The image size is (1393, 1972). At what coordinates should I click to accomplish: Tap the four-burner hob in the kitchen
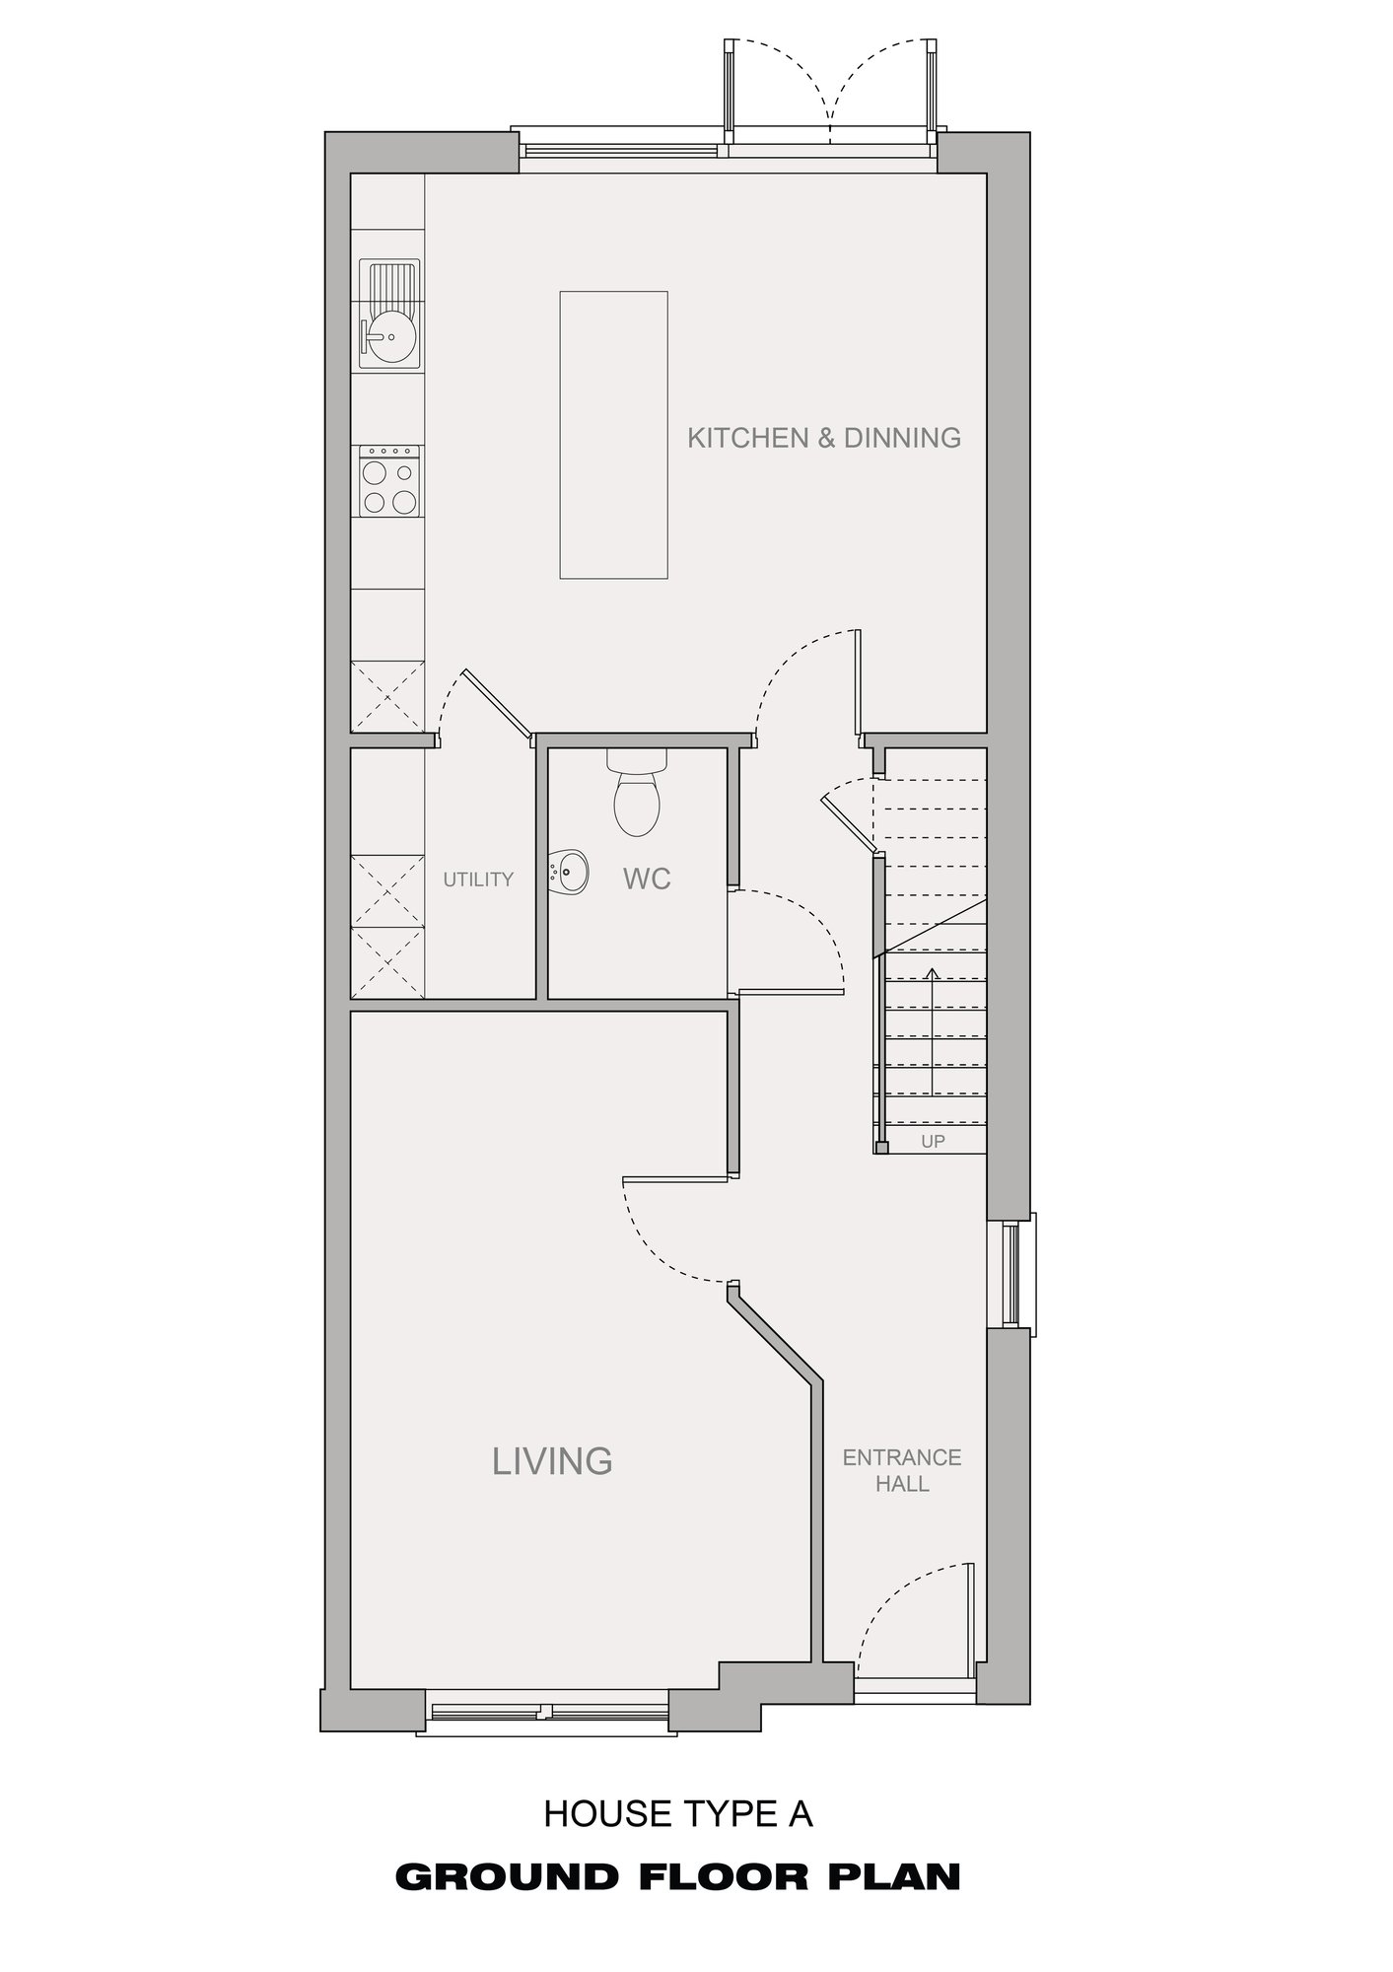click(389, 481)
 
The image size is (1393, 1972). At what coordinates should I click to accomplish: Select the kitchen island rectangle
click(613, 434)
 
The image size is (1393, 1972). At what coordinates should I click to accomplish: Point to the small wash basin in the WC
click(568, 870)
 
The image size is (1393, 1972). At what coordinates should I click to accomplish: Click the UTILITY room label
click(478, 879)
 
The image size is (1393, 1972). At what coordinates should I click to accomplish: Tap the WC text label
click(647, 879)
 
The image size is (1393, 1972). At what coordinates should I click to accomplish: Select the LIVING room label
click(552, 1460)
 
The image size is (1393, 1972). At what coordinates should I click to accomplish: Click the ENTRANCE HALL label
click(902, 1470)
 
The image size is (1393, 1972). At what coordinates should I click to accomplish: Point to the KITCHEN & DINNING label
click(824, 437)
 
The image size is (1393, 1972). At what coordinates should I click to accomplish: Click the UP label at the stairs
click(933, 1142)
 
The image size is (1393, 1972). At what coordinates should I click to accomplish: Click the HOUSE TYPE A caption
click(678, 1813)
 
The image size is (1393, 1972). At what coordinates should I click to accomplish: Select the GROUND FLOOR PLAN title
click(678, 1876)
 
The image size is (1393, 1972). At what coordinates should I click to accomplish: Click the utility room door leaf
click(497, 703)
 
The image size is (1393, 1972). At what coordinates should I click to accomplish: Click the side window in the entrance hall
click(1012, 1270)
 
